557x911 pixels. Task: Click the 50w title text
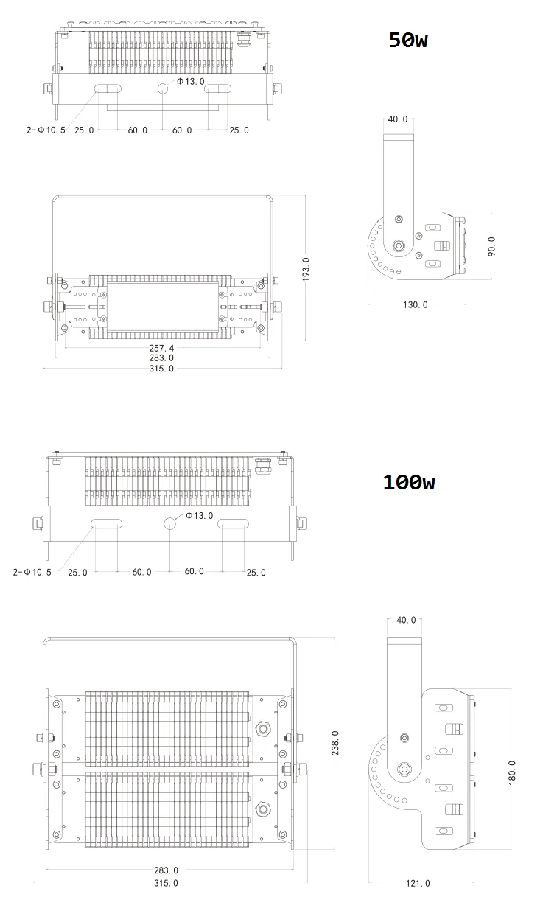coord(408,41)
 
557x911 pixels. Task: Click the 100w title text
coord(408,483)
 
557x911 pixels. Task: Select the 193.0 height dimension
coord(306,269)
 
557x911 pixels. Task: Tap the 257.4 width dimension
coord(161,347)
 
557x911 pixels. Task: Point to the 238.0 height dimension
coord(335,742)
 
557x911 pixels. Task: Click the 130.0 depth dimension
coord(415,304)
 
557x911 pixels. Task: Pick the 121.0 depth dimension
coord(417,883)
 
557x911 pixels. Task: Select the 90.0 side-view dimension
coord(492,246)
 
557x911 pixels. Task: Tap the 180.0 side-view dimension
coord(513,773)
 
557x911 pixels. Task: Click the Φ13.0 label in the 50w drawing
coord(190,81)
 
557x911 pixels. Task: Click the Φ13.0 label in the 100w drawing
coord(199,515)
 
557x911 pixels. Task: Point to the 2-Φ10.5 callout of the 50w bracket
coord(46,130)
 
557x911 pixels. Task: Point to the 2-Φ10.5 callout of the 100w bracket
coord(32,572)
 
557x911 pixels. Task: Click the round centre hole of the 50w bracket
coord(162,88)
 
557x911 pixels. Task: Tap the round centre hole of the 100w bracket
coord(169,523)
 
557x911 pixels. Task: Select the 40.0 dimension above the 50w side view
coord(397,119)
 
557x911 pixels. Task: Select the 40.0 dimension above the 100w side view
coord(406,620)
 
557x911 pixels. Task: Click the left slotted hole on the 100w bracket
coord(106,524)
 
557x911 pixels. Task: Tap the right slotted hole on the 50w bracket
coord(217,88)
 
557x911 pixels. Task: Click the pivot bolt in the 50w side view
coord(400,246)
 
